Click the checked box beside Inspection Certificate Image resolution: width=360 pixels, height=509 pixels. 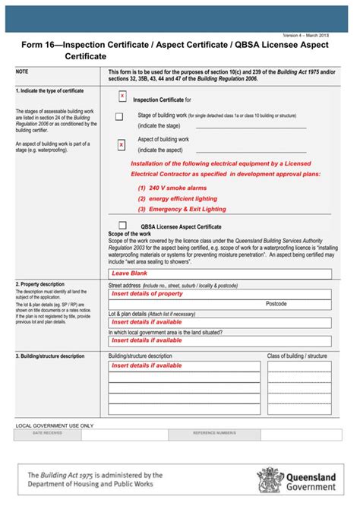click(122, 96)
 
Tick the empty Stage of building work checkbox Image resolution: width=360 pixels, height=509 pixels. click(118, 116)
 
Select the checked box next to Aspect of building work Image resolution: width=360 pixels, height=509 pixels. click(122, 144)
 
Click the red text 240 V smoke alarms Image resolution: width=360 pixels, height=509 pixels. click(172, 187)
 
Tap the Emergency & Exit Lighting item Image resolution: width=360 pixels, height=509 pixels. click(182, 209)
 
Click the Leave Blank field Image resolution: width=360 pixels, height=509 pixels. click(220, 273)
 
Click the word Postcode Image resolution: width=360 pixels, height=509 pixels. click(276, 303)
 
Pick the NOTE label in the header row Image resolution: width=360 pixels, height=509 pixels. click(22, 71)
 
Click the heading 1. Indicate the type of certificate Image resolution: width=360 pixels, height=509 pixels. click(49, 90)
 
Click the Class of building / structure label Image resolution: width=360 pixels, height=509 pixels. click(296, 356)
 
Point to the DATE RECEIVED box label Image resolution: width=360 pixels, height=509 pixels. click(48, 432)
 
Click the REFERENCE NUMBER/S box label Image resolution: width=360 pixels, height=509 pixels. click(214, 432)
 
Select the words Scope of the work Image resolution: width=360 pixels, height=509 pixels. click(131, 234)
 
